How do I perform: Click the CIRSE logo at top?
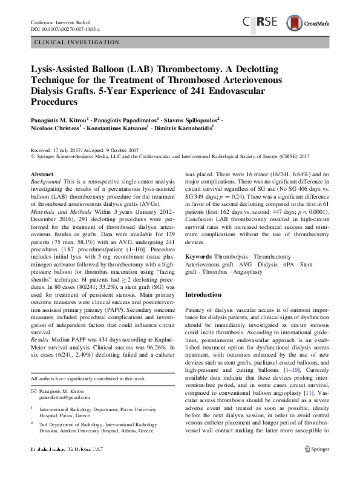(x=260, y=22)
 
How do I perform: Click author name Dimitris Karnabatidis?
(x=189, y=128)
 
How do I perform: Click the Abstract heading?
(x=41, y=174)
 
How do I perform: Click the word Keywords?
(x=198, y=257)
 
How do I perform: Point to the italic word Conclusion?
(x=201, y=219)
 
